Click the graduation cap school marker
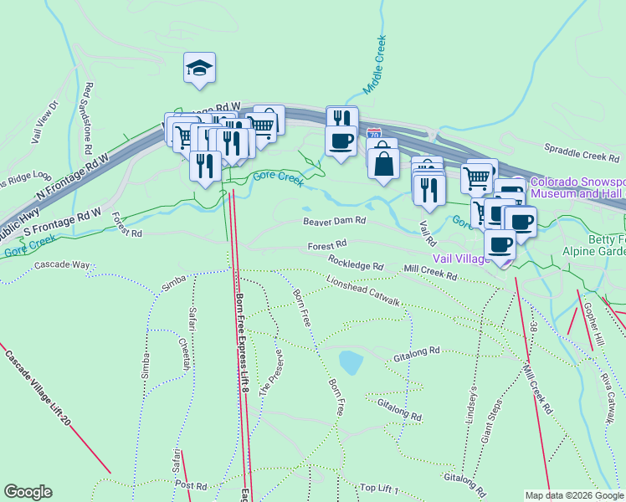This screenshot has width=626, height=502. [200, 67]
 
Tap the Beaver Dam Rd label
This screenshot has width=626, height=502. [335, 221]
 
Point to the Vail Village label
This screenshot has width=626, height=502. [459, 259]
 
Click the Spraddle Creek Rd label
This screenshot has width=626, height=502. [581, 156]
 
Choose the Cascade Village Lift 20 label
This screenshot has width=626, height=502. [38, 388]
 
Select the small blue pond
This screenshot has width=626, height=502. [351, 362]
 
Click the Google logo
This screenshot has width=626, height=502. [28, 492]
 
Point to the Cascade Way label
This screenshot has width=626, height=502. [62, 265]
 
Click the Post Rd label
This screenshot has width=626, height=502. [191, 485]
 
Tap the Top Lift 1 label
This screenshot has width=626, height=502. [379, 488]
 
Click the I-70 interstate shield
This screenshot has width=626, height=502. [374, 134]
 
